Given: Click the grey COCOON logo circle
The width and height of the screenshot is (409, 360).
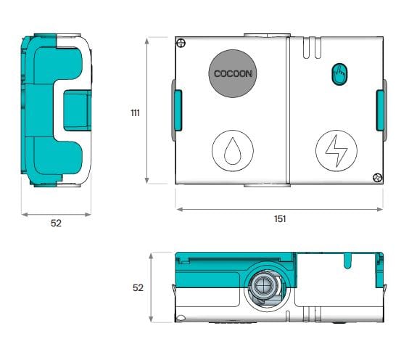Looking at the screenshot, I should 233,73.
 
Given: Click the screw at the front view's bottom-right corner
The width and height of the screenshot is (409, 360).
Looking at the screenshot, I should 376,176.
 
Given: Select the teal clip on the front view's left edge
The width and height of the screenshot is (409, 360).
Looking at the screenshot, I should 177,110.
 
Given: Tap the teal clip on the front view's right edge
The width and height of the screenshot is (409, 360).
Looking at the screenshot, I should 379,110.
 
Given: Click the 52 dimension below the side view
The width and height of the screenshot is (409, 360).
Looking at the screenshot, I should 56,224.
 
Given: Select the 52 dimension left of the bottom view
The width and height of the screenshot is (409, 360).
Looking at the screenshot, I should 138,287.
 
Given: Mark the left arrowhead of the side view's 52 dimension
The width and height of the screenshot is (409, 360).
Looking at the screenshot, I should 23,214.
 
